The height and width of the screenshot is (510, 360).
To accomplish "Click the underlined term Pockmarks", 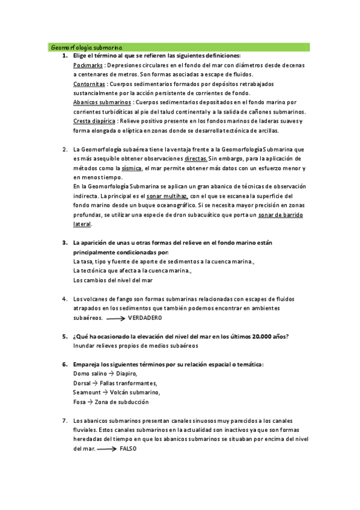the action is (x=88, y=65).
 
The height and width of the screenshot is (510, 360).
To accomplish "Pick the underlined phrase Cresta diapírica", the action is (x=94, y=121).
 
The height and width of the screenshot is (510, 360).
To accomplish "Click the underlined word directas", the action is (x=197, y=158).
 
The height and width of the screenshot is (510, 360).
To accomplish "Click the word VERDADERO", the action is (x=145, y=318).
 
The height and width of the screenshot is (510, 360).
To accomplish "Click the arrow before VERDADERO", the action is (x=115, y=318).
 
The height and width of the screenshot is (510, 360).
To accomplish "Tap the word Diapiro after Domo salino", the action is (x=126, y=373).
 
